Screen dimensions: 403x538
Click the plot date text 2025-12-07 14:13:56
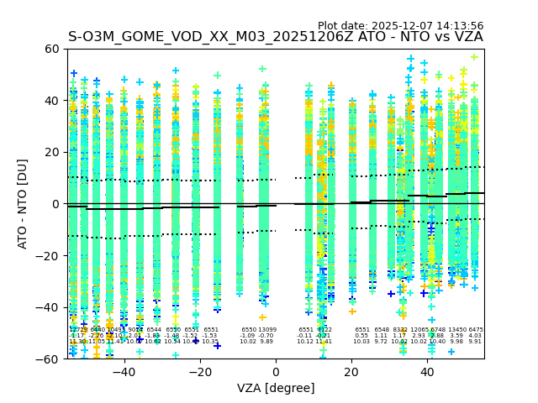click(400, 26)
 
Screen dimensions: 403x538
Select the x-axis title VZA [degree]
click(276, 388)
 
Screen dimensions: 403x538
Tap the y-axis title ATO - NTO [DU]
click(23, 204)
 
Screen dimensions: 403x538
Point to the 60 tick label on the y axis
click(52, 49)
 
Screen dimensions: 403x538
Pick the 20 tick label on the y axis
click(52, 152)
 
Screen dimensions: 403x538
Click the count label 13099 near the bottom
click(266, 330)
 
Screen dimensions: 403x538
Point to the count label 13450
click(457, 330)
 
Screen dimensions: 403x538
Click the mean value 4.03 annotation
click(476, 336)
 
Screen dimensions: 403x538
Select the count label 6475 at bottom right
click(476, 330)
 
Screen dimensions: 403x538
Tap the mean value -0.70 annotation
click(266, 336)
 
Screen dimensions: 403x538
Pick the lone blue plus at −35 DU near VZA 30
click(391, 294)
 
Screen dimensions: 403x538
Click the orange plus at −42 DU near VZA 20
click(352, 311)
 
